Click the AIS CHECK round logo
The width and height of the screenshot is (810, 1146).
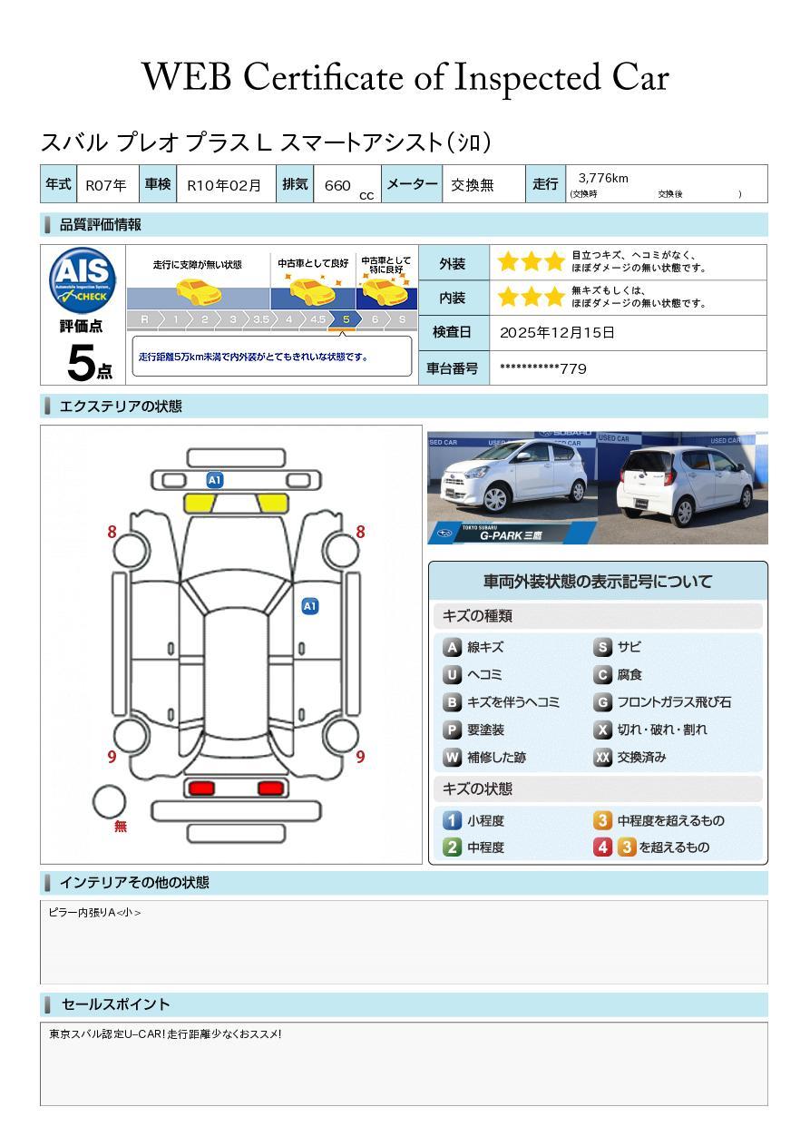coord(83,279)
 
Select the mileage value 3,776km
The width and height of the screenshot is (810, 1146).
coord(603,178)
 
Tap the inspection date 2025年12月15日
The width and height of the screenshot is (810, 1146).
coord(557,332)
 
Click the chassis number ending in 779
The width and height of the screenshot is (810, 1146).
coord(543,368)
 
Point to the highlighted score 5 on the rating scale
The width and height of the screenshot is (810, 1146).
coord(346,319)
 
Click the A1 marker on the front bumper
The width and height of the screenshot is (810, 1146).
coord(215,480)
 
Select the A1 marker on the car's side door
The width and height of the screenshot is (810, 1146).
coord(310,606)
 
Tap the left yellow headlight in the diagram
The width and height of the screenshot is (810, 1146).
coord(200,503)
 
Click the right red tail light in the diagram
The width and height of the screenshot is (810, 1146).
coord(270,788)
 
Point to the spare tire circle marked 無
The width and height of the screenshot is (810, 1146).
coord(109,802)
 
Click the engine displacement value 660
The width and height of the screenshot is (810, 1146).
coord(337,185)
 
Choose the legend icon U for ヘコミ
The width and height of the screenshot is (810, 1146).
coord(452,675)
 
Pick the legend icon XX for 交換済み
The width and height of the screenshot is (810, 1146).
coord(602,757)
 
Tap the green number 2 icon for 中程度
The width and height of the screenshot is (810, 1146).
coord(452,847)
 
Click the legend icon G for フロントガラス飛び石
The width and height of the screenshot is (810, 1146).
coord(602,702)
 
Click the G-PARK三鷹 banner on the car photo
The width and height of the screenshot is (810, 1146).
coord(512,534)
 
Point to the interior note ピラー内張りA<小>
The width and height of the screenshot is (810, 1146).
coord(94,912)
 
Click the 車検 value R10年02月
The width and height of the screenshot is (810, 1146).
coord(224,185)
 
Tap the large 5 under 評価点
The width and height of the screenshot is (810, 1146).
coord(81,363)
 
